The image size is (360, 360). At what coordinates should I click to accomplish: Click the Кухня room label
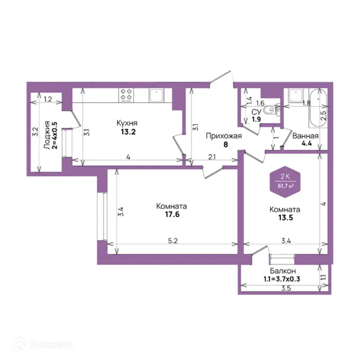(127, 123)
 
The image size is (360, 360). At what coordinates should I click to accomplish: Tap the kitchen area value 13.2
(128, 132)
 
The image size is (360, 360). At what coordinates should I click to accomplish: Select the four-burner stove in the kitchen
(126, 95)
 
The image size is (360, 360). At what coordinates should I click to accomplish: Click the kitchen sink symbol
(157, 95)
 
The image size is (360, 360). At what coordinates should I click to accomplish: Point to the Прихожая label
(224, 136)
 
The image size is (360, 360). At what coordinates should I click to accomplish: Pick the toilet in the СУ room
(269, 110)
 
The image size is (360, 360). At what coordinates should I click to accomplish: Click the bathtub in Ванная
(318, 107)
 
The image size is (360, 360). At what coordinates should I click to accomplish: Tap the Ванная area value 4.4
(307, 144)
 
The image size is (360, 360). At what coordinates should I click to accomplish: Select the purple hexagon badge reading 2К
(285, 182)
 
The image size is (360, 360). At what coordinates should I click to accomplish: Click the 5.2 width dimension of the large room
(173, 241)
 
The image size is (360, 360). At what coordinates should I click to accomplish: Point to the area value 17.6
(172, 214)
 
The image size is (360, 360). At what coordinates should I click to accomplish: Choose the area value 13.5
(286, 217)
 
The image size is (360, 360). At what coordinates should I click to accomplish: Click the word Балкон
(283, 271)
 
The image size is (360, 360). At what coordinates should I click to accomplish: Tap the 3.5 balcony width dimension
(286, 288)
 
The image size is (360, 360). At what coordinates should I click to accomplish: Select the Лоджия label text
(47, 135)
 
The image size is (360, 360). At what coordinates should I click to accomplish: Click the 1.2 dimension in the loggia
(48, 99)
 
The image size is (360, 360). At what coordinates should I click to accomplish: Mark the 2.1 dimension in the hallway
(212, 157)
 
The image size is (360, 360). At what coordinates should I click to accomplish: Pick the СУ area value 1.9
(256, 119)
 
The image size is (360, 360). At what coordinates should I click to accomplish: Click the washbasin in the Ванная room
(296, 95)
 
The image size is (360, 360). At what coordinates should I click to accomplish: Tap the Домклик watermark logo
(43, 344)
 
